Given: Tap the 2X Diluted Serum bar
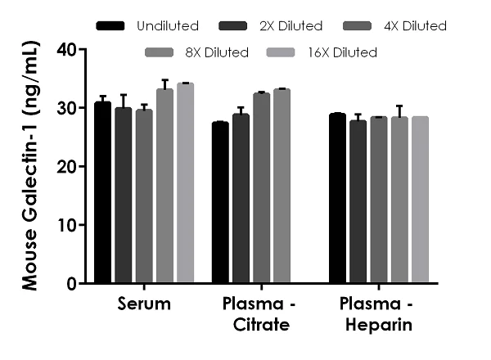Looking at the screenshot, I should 123,196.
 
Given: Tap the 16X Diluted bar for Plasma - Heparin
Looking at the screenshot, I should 420,200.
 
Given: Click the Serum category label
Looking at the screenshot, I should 143,304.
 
